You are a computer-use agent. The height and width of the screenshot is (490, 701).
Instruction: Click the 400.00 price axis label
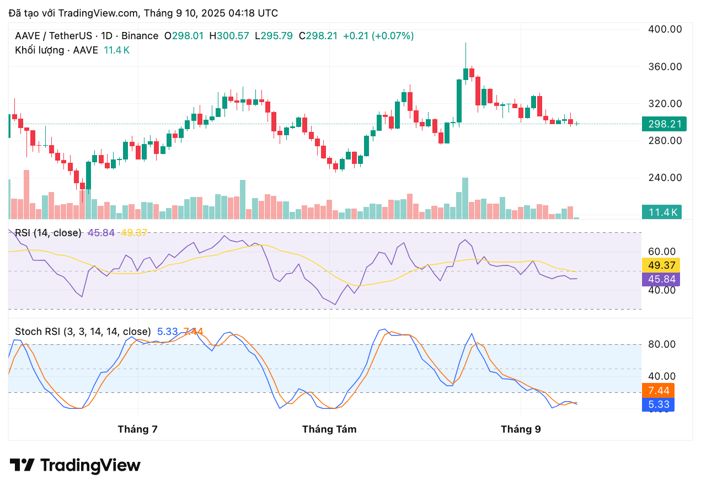coord(664,29)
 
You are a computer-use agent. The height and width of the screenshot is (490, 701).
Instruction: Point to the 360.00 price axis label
coord(664,67)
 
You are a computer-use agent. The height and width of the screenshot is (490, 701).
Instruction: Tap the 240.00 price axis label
coord(664,178)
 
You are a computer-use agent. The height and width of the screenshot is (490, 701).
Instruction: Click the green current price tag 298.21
coord(664,124)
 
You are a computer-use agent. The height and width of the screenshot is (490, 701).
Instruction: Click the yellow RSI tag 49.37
coord(661,265)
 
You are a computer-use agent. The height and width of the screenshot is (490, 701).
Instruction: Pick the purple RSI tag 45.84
coord(661,279)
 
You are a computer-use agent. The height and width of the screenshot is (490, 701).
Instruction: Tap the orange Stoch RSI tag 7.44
coord(659,391)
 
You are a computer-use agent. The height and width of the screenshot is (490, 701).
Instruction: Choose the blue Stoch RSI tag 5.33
coord(659,404)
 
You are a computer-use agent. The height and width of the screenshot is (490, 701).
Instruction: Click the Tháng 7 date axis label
coord(137,429)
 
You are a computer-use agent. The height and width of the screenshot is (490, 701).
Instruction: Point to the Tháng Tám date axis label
coord(329,429)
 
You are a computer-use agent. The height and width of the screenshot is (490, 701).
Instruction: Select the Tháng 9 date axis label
coord(520,429)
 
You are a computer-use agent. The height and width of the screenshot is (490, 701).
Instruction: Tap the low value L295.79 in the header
coord(274,36)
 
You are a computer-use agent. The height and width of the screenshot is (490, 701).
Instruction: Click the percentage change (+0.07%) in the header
coord(393,36)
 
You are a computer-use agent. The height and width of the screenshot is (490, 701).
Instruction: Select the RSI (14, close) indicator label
coord(48,233)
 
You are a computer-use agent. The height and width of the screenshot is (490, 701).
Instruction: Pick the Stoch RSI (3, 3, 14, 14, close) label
coord(83,332)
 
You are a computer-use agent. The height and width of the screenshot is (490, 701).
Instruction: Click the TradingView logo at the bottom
coord(75,465)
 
